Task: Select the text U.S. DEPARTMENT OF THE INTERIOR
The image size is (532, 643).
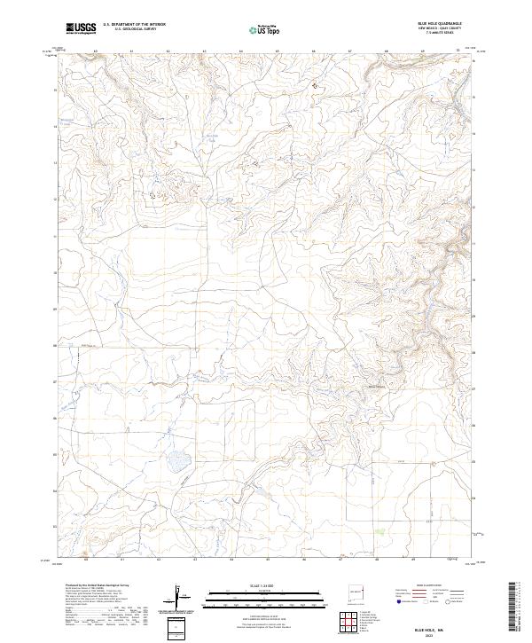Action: click(134, 25)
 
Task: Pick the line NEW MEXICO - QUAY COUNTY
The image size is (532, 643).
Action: click(441, 29)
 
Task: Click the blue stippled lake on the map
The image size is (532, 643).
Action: click(177, 461)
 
